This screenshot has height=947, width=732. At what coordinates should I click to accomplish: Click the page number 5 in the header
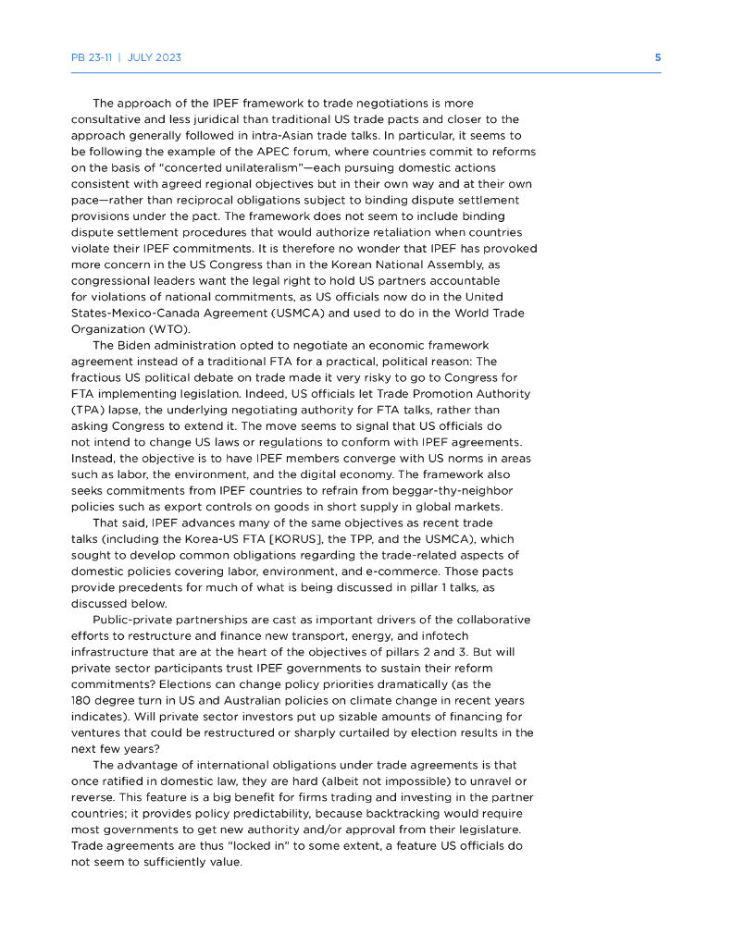click(658, 57)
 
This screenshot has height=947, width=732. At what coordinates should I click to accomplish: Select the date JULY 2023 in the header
click(155, 57)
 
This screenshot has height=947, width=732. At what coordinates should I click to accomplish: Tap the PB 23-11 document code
click(92, 57)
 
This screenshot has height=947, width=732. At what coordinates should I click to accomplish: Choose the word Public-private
click(139, 619)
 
